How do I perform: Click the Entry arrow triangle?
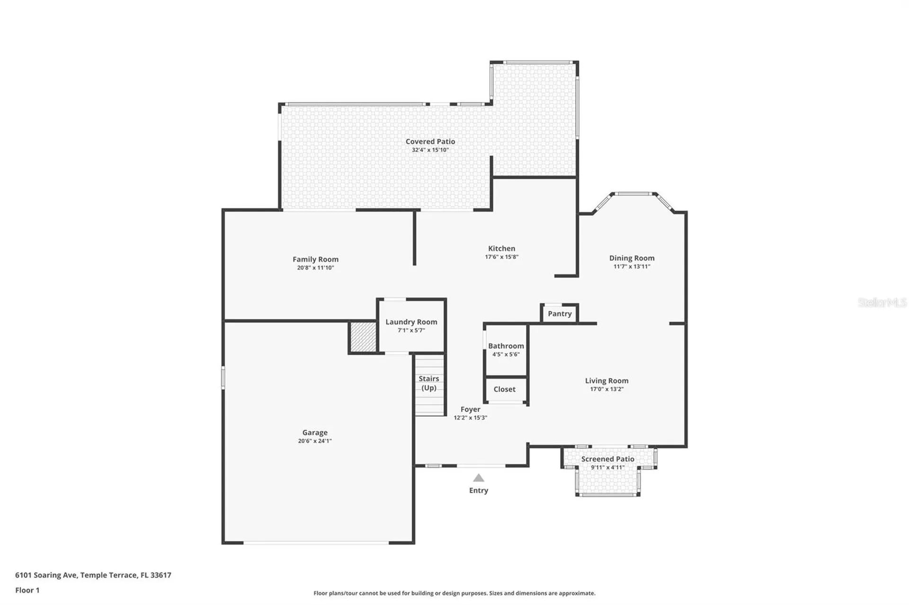(x=479, y=478)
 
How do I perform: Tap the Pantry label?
(x=560, y=314)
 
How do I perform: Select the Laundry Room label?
(x=411, y=322)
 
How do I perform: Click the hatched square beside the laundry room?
(x=363, y=337)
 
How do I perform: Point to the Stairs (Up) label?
(x=428, y=383)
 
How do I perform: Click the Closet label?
(x=504, y=389)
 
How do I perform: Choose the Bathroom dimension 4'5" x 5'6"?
(x=506, y=354)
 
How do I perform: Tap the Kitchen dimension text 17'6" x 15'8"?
(x=501, y=257)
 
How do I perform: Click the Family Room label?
(x=315, y=259)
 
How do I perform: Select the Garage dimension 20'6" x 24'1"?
(x=315, y=441)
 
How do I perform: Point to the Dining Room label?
(x=632, y=258)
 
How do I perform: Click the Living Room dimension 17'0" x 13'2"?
(x=606, y=389)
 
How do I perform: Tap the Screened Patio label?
(x=607, y=459)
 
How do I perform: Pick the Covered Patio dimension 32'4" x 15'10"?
(x=430, y=150)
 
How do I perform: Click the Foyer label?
(x=470, y=410)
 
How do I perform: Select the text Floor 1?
(x=27, y=590)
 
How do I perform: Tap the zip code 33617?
(x=161, y=575)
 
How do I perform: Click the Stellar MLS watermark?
(x=882, y=302)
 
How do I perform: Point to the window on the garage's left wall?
(x=223, y=378)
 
